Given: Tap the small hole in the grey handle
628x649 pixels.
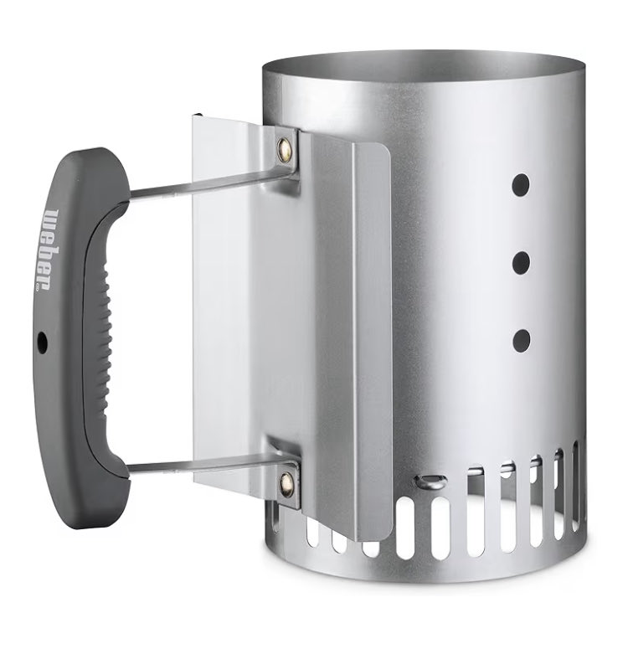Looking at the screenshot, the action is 42,342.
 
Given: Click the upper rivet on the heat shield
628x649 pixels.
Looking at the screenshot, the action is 285,145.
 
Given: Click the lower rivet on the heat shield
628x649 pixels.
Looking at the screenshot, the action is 286,482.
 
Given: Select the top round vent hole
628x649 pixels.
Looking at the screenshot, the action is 521,184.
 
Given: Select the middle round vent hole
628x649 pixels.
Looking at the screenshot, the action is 521,262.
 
